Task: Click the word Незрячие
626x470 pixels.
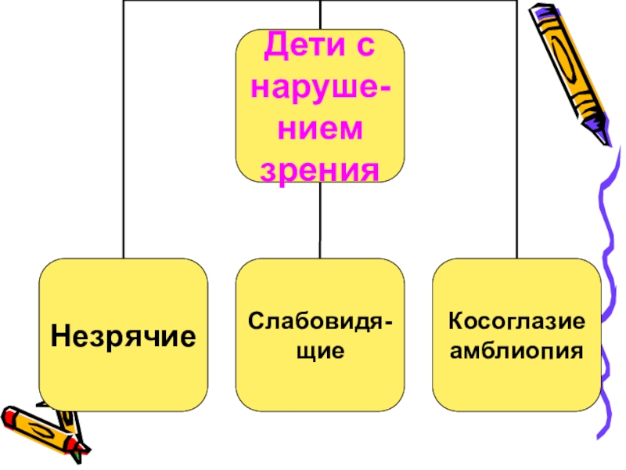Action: (x=124, y=338)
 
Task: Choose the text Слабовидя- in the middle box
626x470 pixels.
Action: (x=321, y=320)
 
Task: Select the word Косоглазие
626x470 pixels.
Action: (x=517, y=321)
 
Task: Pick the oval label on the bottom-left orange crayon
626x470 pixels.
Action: (x=42, y=429)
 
